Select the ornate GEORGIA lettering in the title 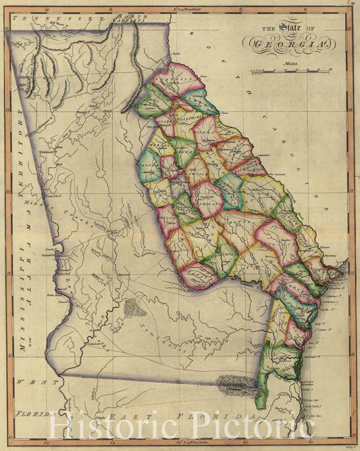click(289, 43)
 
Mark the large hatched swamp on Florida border click(236, 387)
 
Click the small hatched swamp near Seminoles click(133, 307)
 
